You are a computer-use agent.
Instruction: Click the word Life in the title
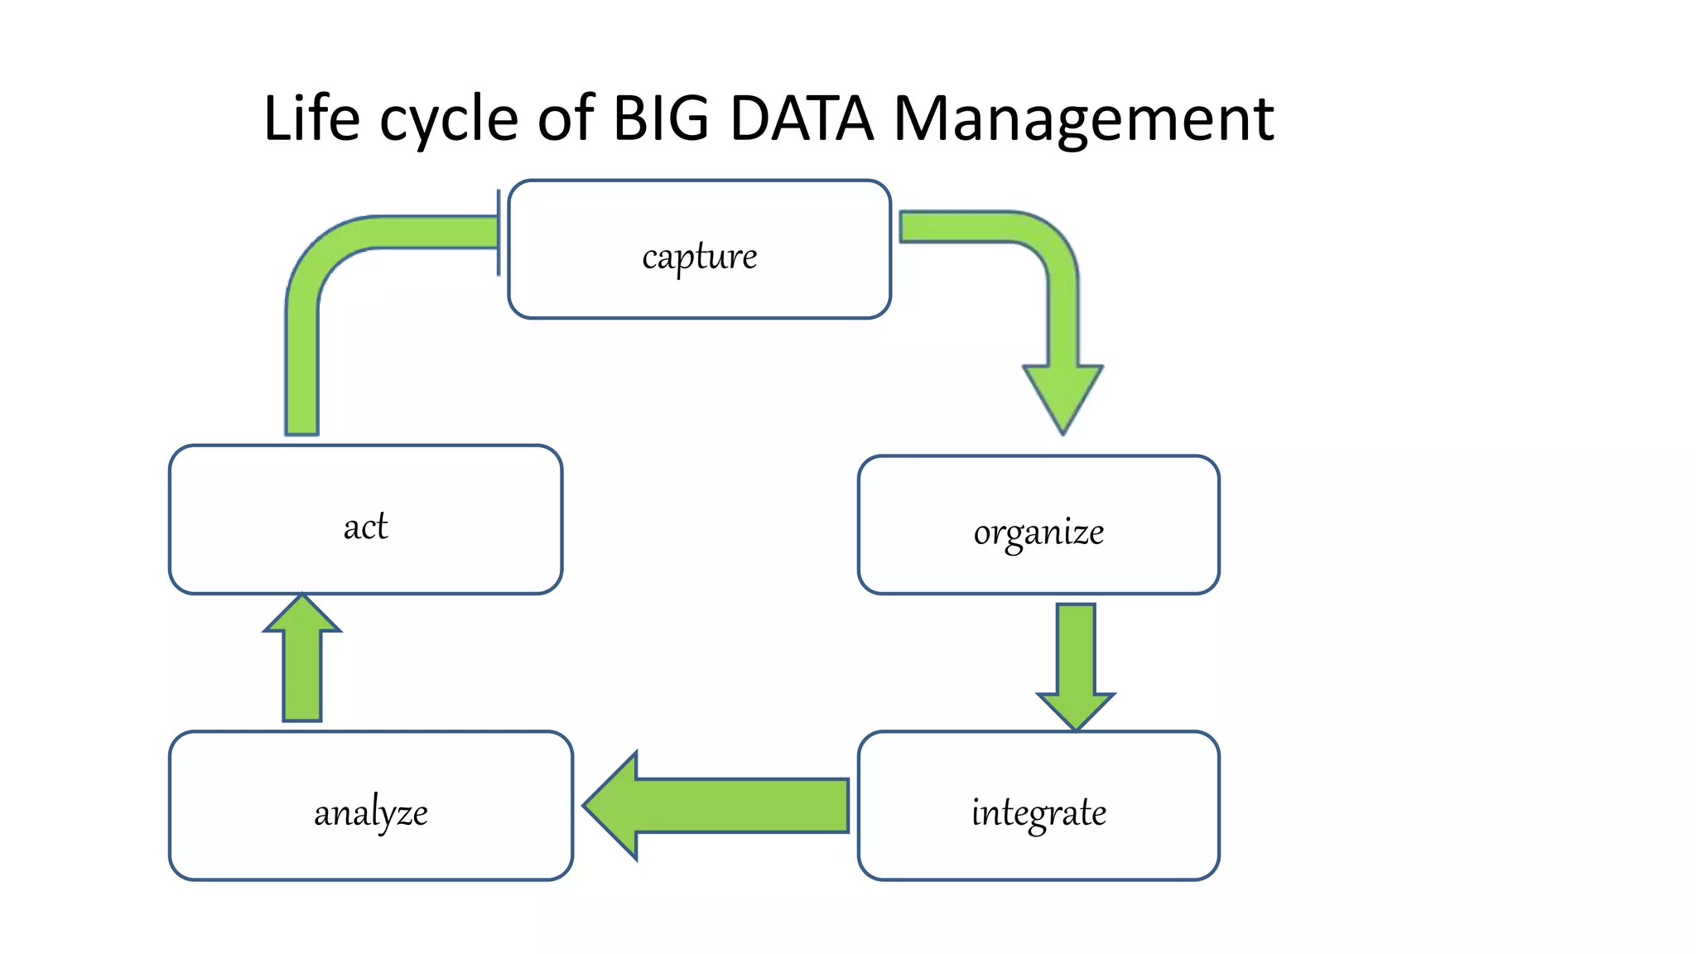pos(311,118)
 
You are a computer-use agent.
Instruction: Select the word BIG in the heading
pos(660,118)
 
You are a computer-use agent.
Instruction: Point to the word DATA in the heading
pos(801,118)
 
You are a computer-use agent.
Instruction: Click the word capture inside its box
pos(699,256)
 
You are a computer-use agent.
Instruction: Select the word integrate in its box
pos(1038,812)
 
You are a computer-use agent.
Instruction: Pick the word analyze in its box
pos(370,812)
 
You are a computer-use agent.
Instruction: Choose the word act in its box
pos(365,527)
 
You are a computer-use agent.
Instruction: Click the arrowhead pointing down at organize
pos(1062,395)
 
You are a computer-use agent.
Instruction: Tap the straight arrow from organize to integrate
pos(1076,662)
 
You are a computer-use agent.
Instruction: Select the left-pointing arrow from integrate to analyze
pos(717,805)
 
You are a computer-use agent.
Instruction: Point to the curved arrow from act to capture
pos(331,265)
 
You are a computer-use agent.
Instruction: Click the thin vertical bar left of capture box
pos(499,232)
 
